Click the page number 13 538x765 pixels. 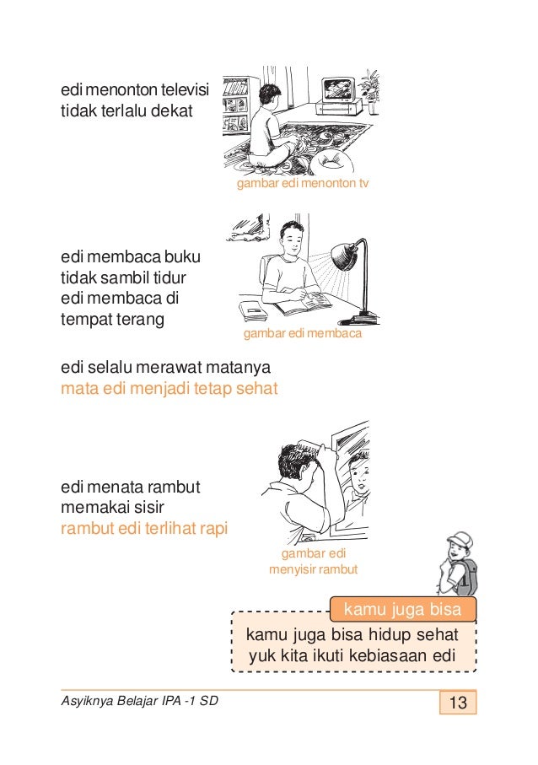coord(458,703)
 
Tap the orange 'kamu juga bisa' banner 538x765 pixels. coord(403,608)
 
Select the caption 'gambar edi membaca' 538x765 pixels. coord(302,335)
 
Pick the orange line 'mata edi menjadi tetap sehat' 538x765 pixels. coord(169,390)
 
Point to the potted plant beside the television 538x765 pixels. coord(370,84)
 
